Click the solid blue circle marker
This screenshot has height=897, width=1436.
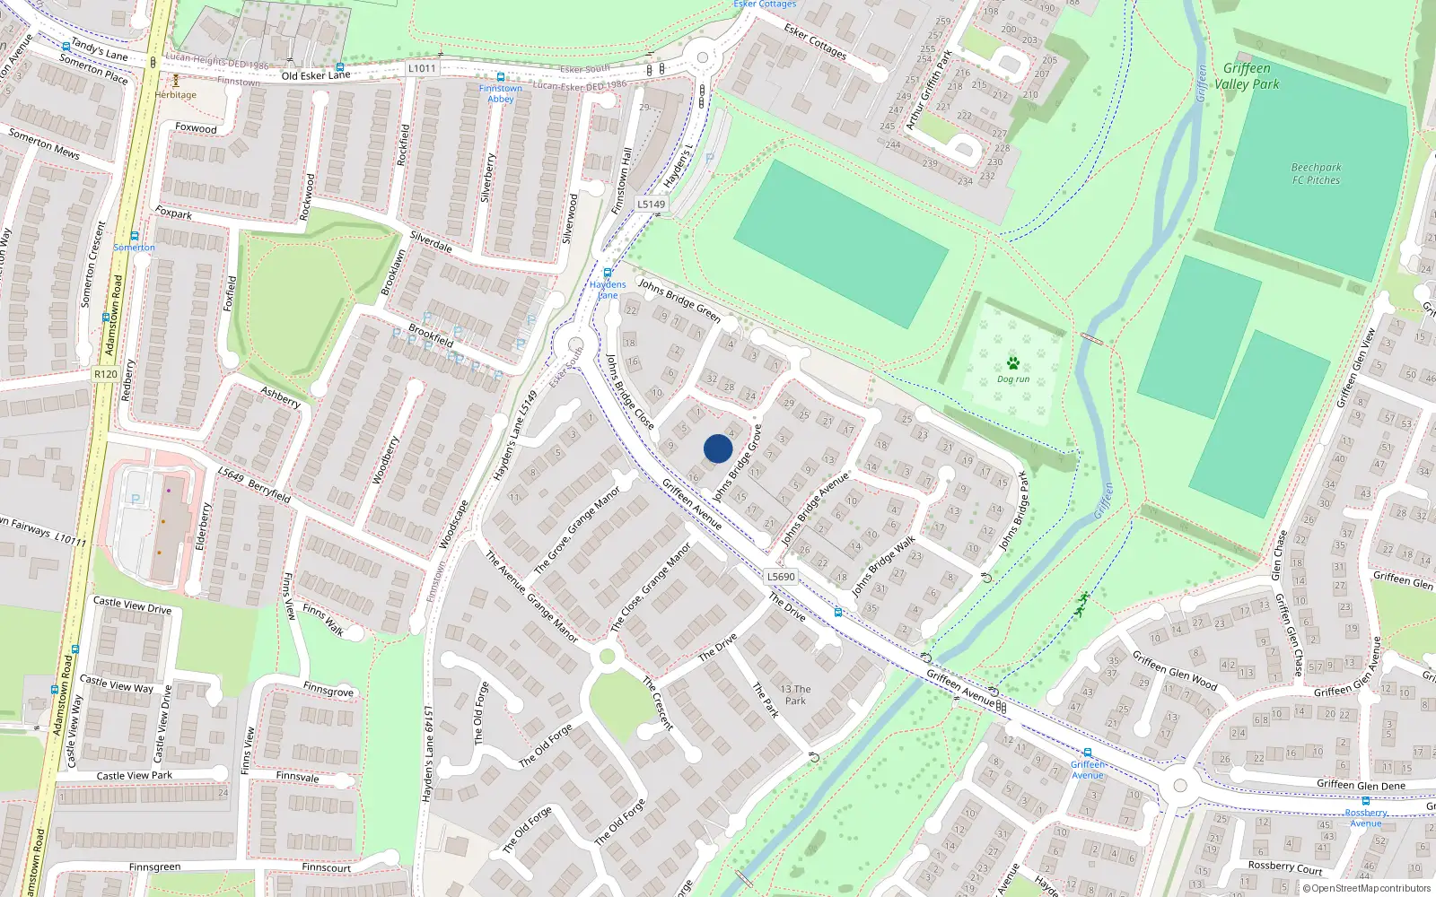click(718, 448)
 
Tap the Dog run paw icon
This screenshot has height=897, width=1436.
click(1013, 363)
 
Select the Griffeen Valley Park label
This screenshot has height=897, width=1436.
click(1247, 76)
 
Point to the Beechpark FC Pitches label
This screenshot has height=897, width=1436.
click(1316, 174)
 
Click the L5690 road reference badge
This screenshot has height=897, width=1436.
click(781, 577)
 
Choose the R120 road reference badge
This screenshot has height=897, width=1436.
click(105, 374)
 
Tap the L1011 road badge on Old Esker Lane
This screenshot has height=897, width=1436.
click(421, 68)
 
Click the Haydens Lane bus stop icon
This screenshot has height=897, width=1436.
click(608, 274)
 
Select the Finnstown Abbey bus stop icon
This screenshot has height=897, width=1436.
click(500, 77)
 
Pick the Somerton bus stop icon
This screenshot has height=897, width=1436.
click(135, 236)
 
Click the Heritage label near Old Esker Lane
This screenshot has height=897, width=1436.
click(175, 94)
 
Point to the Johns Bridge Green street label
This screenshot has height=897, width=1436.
click(679, 300)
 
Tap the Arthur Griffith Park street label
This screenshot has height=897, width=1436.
click(928, 90)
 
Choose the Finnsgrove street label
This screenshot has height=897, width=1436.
click(328, 690)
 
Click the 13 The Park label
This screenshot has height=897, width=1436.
click(795, 695)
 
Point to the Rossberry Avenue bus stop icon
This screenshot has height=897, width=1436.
click(1365, 802)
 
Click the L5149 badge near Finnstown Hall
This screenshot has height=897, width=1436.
click(652, 205)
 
